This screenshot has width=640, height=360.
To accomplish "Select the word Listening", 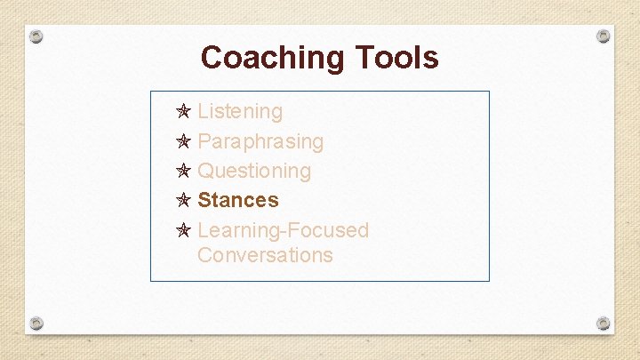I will [x=240, y=112].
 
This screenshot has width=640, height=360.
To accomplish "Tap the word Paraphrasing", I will [x=260, y=141].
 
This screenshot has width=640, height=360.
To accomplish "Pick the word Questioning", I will [x=254, y=171].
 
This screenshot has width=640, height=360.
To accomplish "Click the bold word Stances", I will [x=238, y=200].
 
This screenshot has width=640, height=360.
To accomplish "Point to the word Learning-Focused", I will [x=283, y=230].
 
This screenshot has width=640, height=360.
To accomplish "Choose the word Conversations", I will [x=265, y=255].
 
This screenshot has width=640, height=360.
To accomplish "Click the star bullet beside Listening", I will [x=183, y=112].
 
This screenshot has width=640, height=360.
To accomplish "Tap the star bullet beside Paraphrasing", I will [x=183, y=141].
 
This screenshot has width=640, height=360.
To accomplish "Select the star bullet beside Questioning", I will [x=183, y=171].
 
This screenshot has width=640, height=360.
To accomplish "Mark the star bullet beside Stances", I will [x=183, y=200].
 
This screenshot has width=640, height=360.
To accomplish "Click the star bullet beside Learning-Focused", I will [x=183, y=230].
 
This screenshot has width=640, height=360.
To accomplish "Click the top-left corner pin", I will [x=36, y=36].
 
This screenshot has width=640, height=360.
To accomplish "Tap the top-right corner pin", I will [x=603, y=36].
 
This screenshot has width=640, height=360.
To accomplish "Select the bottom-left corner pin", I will [x=36, y=323].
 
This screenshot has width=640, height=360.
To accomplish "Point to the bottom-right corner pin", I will [x=603, y=323].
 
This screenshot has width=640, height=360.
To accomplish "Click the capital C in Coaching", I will [x=212, y=58].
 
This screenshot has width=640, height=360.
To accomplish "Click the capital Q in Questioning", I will [x=205, y=171].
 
